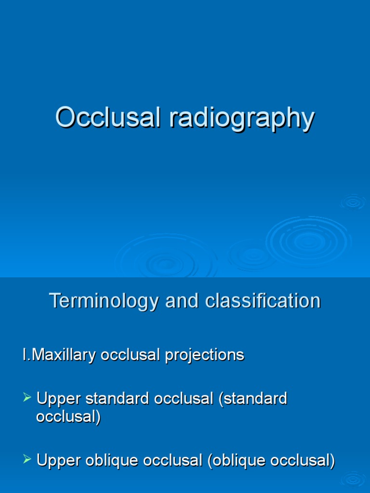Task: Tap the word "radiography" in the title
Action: coord(241,118)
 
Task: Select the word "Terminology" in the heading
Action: coord(104,301)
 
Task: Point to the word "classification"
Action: coord(263,301)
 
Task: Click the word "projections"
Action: coord(205,355)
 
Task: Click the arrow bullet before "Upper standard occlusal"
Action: coord(27,398)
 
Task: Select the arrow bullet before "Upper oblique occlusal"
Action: coord(27,460)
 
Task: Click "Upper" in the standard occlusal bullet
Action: coord(59,399)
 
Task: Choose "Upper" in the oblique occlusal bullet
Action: coord(59,461)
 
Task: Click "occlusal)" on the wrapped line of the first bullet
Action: coord(68,417)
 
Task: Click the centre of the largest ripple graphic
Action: coord(308,241)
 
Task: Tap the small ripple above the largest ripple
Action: coord(354,202)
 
